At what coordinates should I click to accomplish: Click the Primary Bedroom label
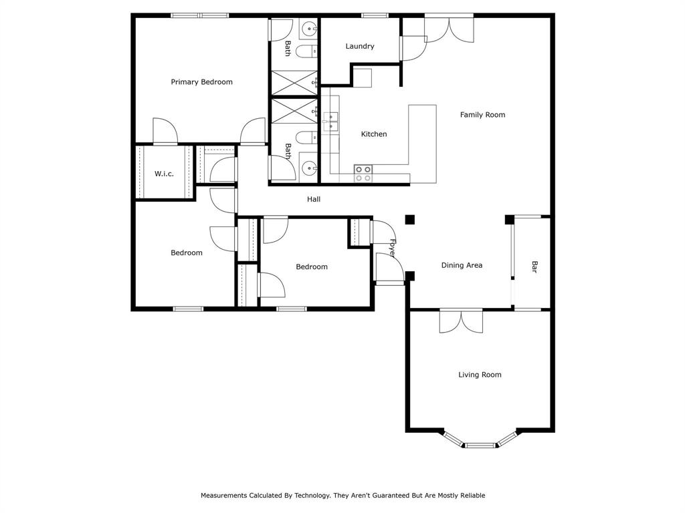[x=201, y=82]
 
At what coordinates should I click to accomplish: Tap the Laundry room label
[x=360, y=47]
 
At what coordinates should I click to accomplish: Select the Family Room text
[x=482, y=115]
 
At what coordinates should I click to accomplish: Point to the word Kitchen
[x=374, y=134]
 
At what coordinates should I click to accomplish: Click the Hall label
[x=314, y=199]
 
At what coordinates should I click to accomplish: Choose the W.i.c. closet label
[x=164, y=174]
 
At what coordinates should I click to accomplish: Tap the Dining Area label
[x=462, y=265]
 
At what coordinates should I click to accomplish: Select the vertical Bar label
[x=534, y=267]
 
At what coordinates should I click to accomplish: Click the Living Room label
[x=480, y=375]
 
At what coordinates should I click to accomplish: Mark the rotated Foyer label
[x=393, y=248]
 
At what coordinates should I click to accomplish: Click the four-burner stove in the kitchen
[x=363, y=174]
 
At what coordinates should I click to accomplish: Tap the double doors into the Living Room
[x=461, y=321]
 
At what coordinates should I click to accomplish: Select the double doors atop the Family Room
[x=449, y=28]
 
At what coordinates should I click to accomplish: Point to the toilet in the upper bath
[x=305, y=51]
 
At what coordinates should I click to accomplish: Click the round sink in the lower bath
[x=309, y=168]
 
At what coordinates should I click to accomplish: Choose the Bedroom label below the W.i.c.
[x=186, y=252]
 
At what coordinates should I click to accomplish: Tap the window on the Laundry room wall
[x=375, y=15]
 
